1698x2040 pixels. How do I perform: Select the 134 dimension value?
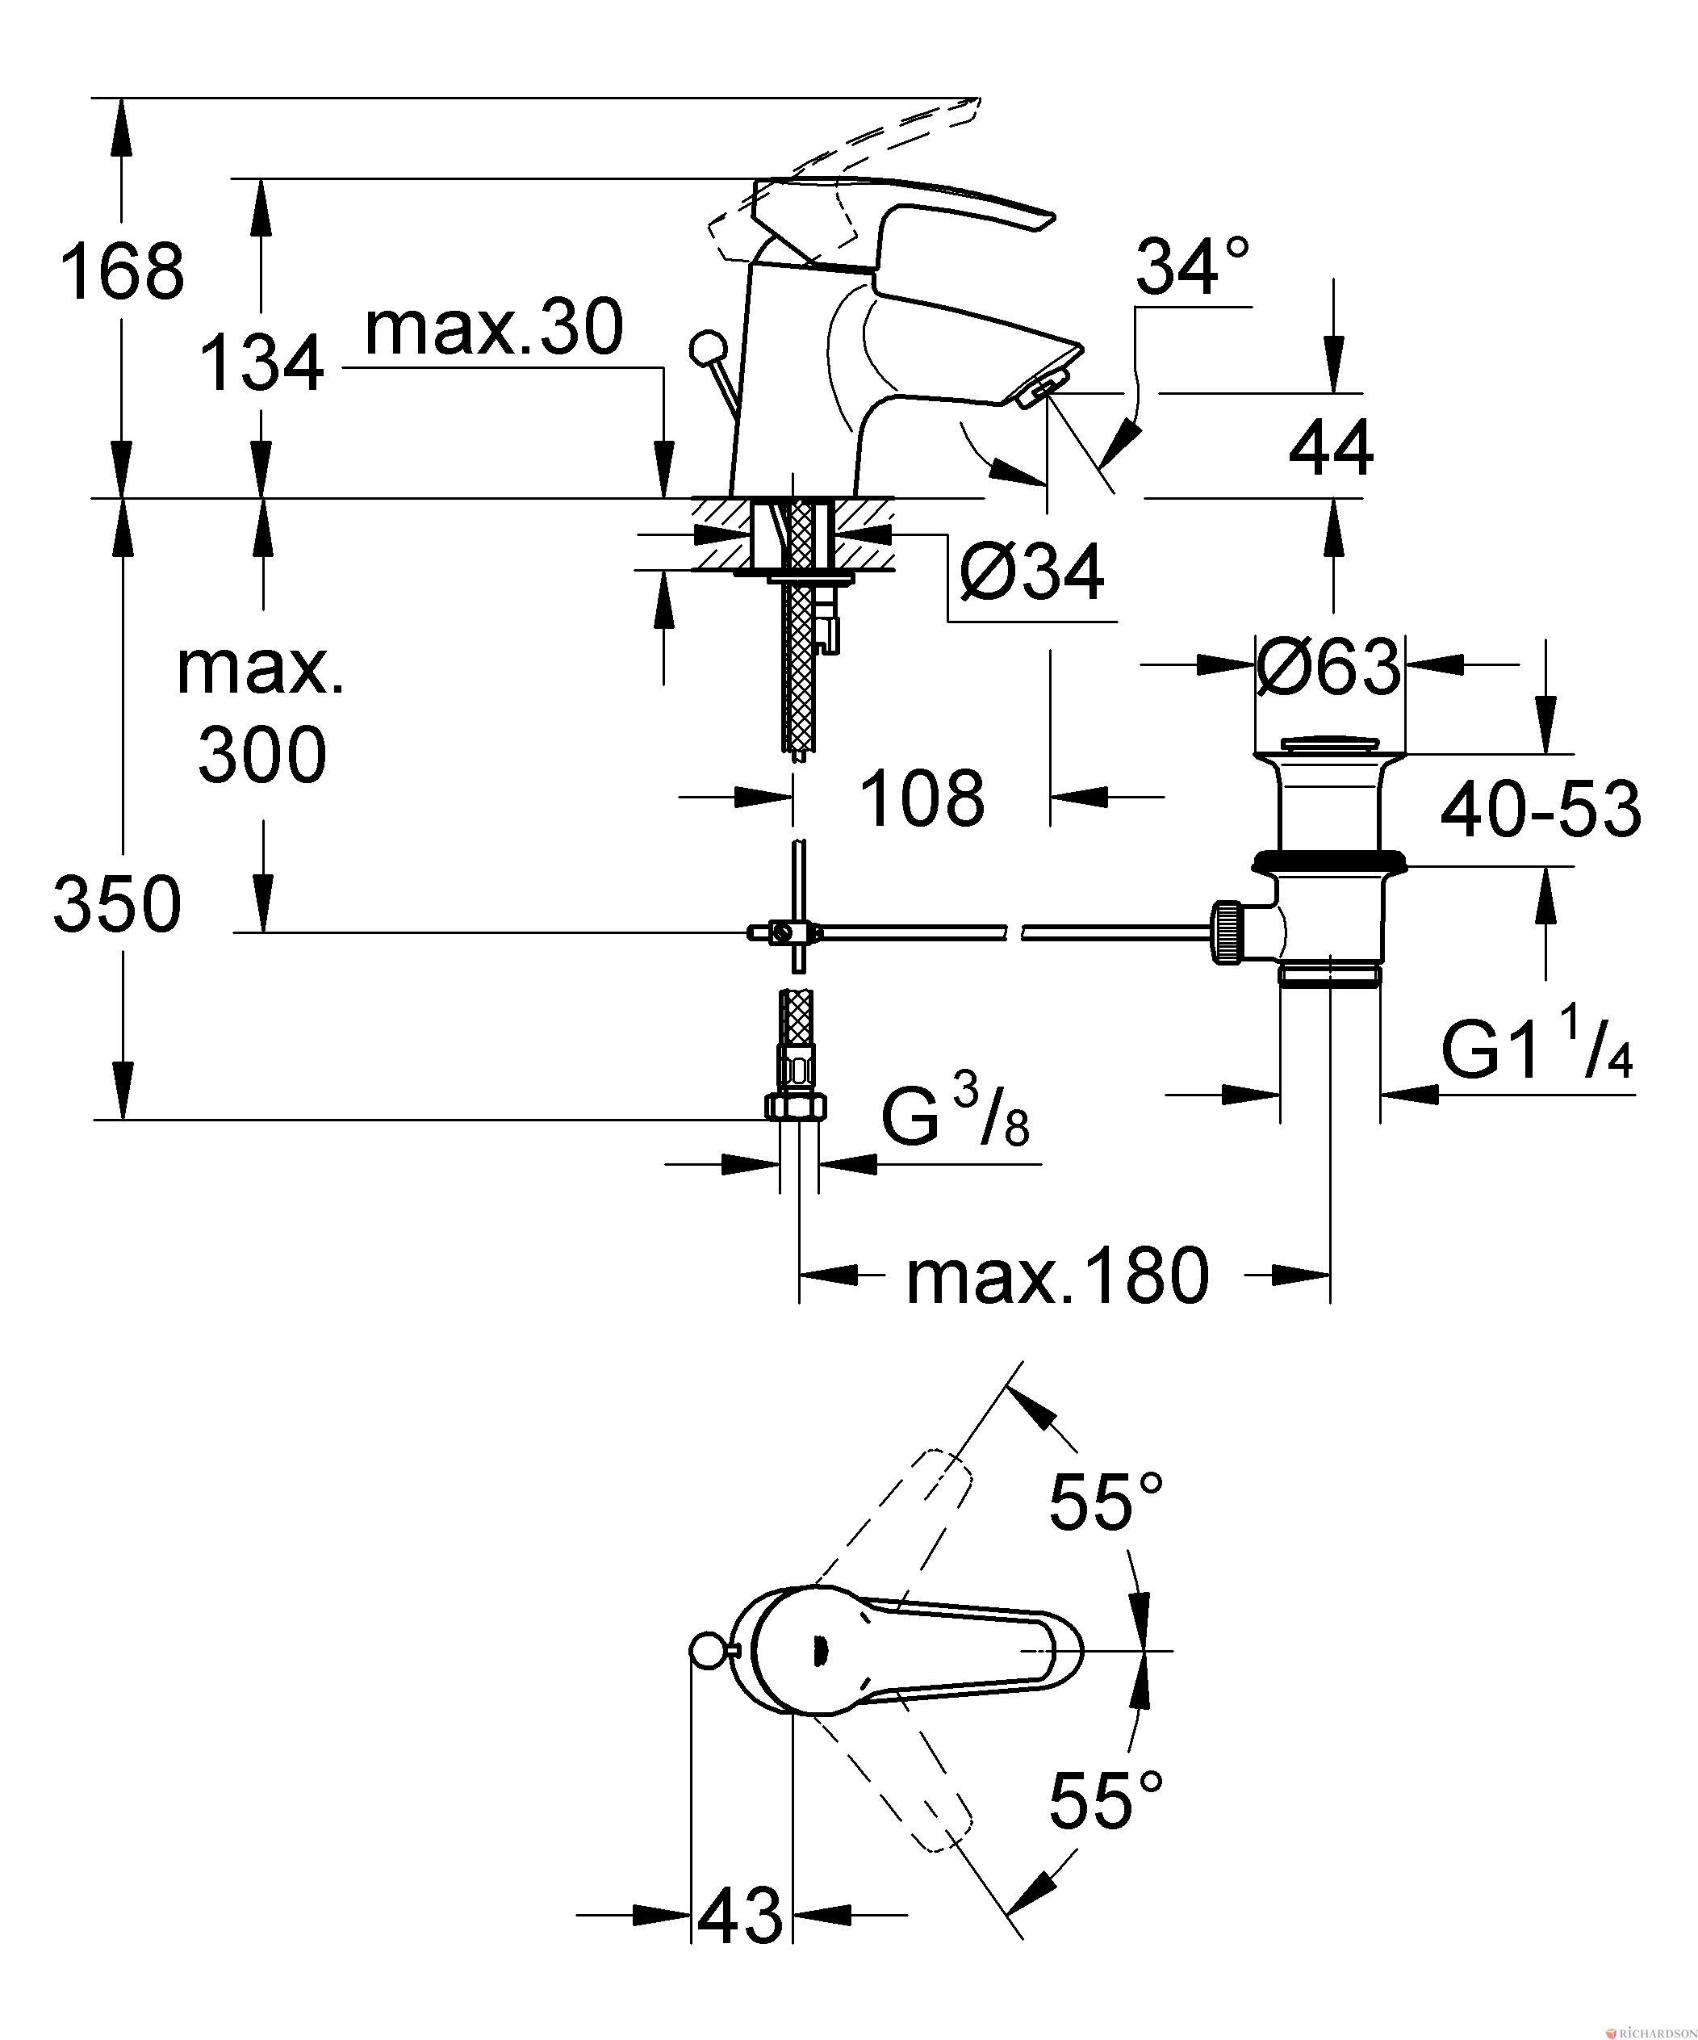click(x=261, y=363)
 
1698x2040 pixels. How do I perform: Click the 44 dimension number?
click(x=1331, y=447)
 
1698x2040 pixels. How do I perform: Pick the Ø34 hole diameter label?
click(x=1031, y=572)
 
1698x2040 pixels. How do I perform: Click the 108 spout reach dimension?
click(x=922, y=798)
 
